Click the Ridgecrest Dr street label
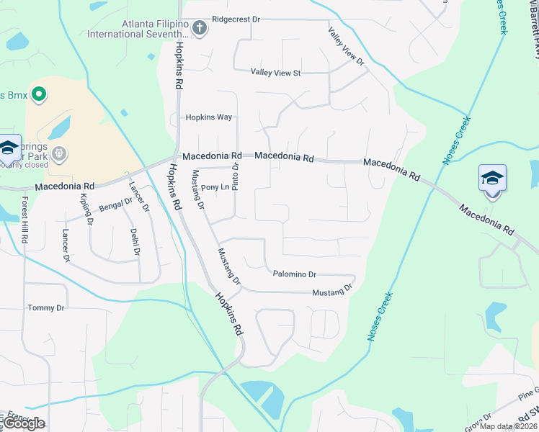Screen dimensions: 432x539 (236, 19)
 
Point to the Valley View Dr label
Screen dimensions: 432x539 (347, 46)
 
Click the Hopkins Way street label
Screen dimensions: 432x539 (209, 117)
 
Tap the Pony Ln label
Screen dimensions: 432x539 (215, 187)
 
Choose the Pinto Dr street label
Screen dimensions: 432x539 (235, 176)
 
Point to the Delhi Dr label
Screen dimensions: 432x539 (134, 243)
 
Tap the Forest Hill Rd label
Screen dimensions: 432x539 (24, 220)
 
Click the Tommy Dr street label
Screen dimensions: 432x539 (46, 308)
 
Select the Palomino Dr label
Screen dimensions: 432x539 (295, 274)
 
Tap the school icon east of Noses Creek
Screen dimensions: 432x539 (492, 177)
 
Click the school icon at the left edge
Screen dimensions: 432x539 (8, 148)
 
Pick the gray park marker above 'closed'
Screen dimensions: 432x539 (58, 153)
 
